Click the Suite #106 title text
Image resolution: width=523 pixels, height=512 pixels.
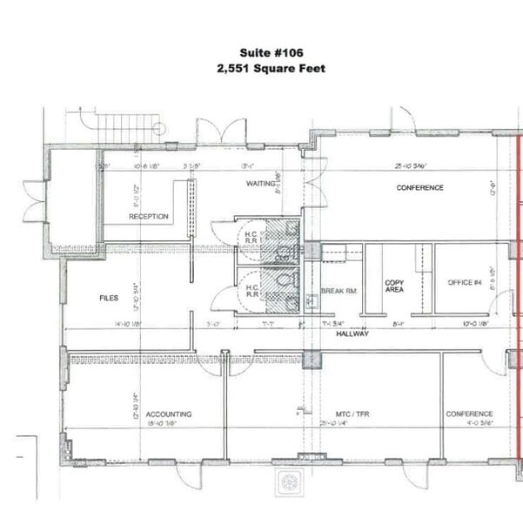point(270,53)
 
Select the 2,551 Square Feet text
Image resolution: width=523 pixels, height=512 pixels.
point(270,67)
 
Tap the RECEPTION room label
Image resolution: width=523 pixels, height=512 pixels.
point(148,217)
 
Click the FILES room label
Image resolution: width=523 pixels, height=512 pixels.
point(108,299)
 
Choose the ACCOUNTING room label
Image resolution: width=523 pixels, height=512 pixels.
point(169,414)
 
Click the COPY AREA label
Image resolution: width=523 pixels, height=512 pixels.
point(394,286)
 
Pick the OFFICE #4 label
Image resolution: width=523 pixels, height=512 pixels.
point(465,283)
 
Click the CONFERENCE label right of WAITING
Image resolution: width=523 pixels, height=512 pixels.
point(419,188)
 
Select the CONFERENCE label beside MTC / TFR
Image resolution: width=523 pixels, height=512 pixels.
point(469,414)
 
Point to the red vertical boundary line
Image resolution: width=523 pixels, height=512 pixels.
point(520,305)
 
